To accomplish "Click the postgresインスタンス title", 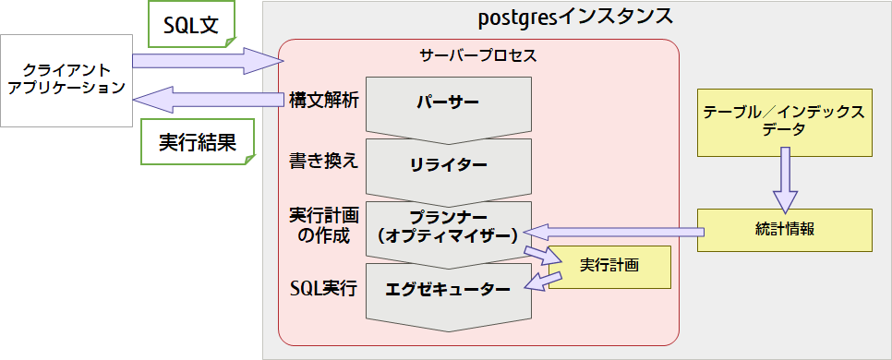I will click(575, 17).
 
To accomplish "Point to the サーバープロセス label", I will click(477, 54).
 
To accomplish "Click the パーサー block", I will click(448, 101).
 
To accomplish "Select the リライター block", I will click(448, 164).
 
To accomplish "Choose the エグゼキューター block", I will click(448, 289).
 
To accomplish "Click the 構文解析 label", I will click(323, 100).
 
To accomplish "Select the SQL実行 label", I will click(323, 287).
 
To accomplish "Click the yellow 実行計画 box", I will click(610, 266).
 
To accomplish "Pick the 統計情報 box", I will click(784, 229).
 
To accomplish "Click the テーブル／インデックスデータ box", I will click(784, 121).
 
